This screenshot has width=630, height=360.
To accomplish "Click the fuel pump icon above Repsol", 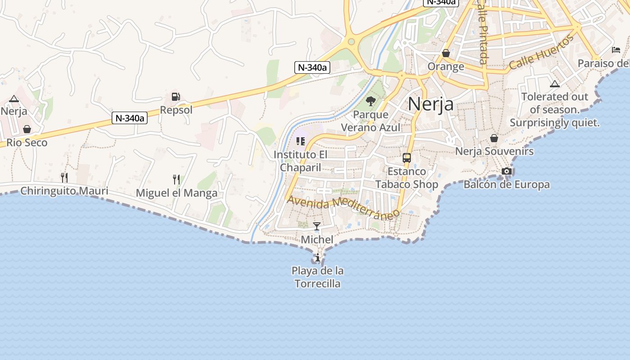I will tap(175, 96).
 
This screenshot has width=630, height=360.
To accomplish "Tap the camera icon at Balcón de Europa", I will tap(507, 171).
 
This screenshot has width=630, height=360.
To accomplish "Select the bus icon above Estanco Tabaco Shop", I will tap(407, 158).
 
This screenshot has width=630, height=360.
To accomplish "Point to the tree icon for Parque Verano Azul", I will tap(370, 101).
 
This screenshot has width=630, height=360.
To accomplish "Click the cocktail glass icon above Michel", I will tap(317, 226).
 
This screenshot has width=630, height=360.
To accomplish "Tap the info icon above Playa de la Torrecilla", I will tap(318, 257).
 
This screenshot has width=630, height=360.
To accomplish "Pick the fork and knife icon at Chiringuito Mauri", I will tap(64, 177).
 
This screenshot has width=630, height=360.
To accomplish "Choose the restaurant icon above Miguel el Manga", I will tap(176, 180).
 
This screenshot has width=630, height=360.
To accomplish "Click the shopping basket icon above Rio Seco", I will tap(27, 129).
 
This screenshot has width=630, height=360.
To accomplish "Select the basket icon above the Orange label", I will tap(446, 53).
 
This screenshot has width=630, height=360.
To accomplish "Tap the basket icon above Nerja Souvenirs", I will tap(494, 138).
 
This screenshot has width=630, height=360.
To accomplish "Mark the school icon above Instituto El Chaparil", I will tap(301, 141).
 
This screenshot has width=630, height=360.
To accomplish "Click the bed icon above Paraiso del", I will tap(616, 49).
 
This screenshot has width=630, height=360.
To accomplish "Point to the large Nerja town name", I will tap(431, 104).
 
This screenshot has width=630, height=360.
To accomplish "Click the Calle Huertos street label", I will tap(542, 52).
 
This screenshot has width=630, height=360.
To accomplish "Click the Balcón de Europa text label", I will tap(507, 184).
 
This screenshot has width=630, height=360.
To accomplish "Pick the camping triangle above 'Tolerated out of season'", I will tap(555, 84).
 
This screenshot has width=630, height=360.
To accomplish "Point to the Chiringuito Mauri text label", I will tap(64, 191).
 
